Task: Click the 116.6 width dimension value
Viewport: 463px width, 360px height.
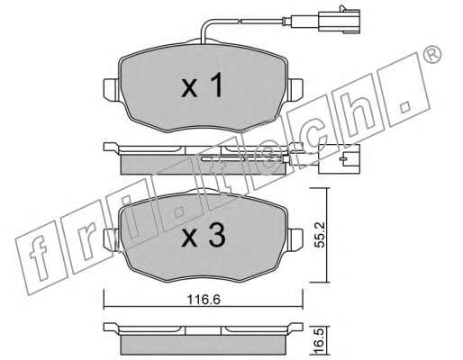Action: tap(204, 299)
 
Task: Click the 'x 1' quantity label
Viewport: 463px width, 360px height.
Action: tap(203, 85)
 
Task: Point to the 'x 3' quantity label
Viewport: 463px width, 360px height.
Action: tap(204, 236)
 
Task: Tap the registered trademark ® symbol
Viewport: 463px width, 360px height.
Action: tap(432, 55)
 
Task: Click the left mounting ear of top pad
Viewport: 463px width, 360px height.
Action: tap(112, 89)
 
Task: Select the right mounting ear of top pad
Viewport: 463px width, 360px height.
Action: tap(295, 89)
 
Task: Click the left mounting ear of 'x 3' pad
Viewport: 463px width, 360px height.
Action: tap(112, 240)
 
